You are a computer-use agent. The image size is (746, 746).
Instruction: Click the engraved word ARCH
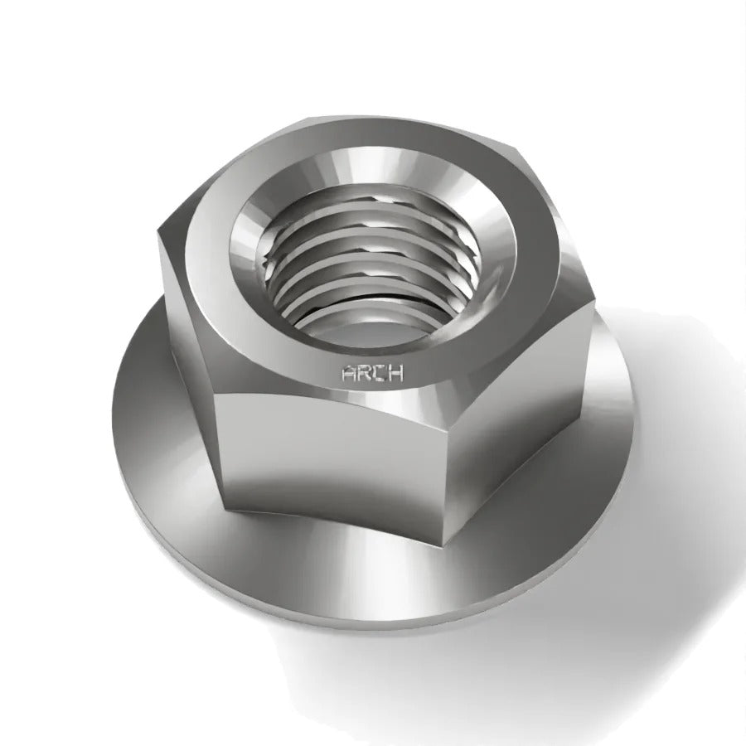372,373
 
